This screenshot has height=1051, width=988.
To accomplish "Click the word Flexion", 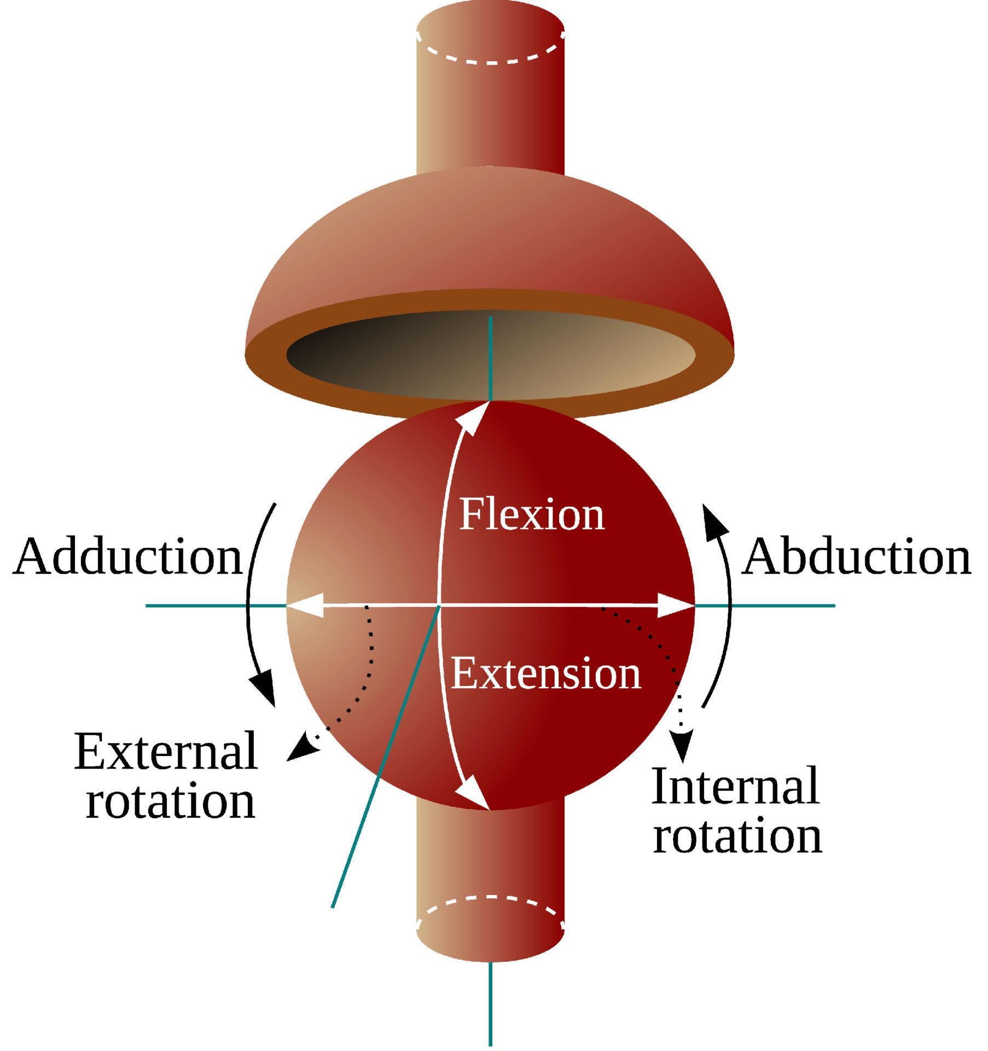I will pyautogui.click(x=532, y=515).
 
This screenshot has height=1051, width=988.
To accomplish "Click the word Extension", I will pyautogui.click(x=545, y=674).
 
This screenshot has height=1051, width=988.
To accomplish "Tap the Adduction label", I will pyautogui.click(x=127, y=557).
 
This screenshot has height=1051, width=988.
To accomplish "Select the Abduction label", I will pyautogui.click(x=856, y=557).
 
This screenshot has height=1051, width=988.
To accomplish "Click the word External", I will pyautogui.click(x=165, y=752).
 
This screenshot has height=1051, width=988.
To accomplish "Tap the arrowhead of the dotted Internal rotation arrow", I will pyautogui.click(x=682, y=746).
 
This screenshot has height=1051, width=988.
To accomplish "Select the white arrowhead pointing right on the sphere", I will pyautogui.click(x=676, y=605).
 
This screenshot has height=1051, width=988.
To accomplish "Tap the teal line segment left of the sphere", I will pyautogui.click(x=213, y=605).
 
